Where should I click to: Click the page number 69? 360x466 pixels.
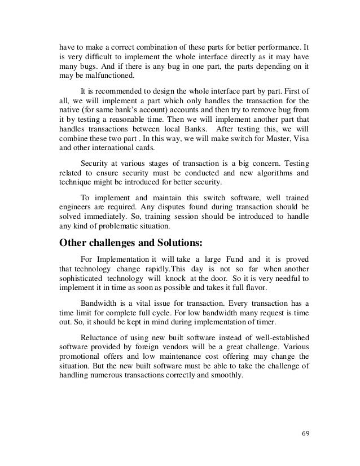coord(305,434)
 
